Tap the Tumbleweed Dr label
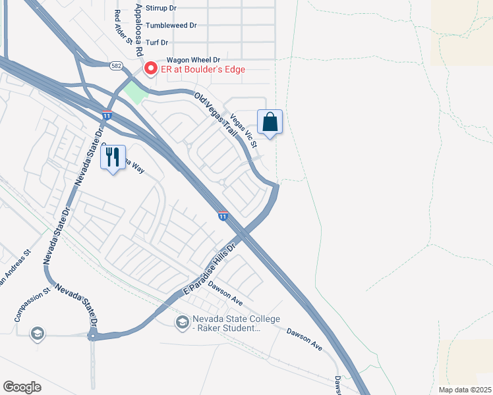click(171, 26)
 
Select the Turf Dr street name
click(158, 42)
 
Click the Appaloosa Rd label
click(138, 30)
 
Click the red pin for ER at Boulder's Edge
click(150, 68)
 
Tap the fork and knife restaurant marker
click(113, 157)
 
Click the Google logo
click(21, 386)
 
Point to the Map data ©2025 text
click(464, 389)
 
